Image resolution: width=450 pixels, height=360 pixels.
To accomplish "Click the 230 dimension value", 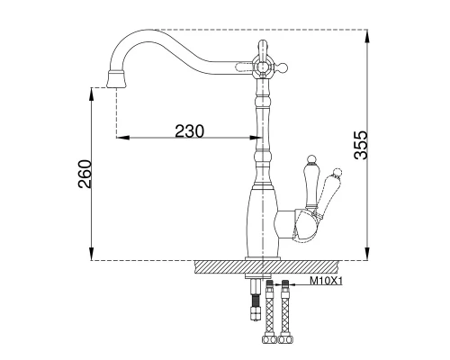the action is (x=189, y=130).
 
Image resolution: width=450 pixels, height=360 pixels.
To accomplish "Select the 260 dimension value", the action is (x=85, y=174).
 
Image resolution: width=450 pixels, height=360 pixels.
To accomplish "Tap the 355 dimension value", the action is (x=361, y=145).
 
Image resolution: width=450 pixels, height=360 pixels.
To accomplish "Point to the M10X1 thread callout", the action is (x=326, y=281).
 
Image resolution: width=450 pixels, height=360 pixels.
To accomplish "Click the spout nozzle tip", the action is (x=116, y=79).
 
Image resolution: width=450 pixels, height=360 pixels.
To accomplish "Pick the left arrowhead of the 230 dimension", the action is (x=123, y=138).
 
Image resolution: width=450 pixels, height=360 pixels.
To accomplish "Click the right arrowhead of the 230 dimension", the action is (x=255, y=138).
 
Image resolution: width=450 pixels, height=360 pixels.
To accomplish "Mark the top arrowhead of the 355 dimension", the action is (x=367, y=36).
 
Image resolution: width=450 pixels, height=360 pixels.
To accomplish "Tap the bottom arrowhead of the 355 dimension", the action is (x=367, y=254).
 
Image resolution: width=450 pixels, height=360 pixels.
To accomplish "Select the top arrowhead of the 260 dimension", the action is (x=92, y=94).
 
